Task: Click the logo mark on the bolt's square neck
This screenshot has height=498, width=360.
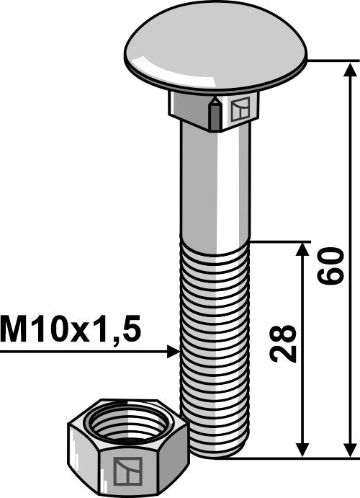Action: point(239,110)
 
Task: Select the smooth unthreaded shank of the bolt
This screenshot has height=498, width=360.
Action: point(215,187)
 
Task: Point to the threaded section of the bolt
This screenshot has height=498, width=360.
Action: point(215,317)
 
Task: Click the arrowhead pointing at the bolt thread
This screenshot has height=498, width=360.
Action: point(172,352)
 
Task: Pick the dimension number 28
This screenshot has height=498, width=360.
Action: point(285,344)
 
